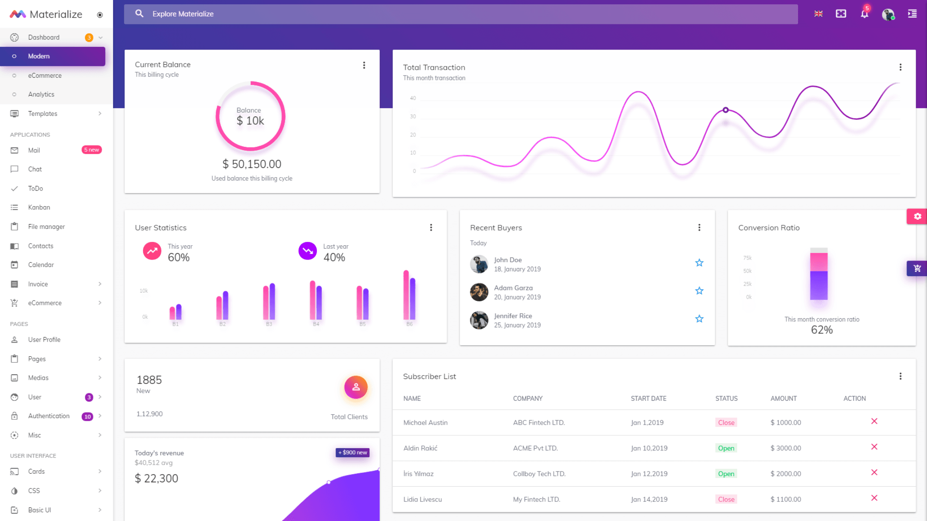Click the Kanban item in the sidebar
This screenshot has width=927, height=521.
[x=39, y=208]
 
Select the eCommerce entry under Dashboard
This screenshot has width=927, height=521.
[x=45, y=76]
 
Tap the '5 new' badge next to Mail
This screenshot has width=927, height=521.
[x=91, y=150]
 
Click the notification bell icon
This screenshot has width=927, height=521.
[x=864, y=14]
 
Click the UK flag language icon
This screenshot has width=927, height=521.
[x=818, y=14]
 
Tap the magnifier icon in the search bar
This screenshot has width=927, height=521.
[x=139, y=14]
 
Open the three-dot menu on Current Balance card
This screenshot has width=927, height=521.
[x=364, y=65]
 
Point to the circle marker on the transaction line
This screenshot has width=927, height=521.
[x=725, y=110]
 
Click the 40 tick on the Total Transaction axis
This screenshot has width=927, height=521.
[x=413, y=98]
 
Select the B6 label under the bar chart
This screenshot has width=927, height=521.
[x=409, y=324]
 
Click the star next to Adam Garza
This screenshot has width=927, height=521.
[x=699, y=291]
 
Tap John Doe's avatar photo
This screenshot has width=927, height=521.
[x=479, y=264]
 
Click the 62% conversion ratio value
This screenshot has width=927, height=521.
[x=821, y=330]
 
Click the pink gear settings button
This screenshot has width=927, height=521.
[x=917, y=216]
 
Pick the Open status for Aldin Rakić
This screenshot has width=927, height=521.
[x=726, y=448]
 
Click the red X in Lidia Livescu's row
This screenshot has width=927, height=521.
[x=874, y=498]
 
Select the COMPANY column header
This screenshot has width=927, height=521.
[x=528, y=399]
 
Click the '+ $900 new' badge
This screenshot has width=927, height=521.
[x=352, y=452]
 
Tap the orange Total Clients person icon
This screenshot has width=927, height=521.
[x=356, y=387]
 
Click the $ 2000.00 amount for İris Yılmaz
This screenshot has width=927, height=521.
[x=785, y=474]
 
